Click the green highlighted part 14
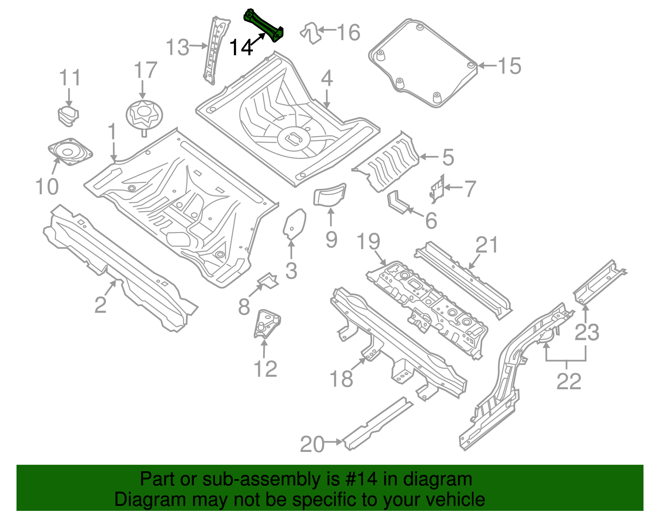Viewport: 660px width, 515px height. click(x=264, y=26)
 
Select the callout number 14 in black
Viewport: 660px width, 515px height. click(x=241, y=48)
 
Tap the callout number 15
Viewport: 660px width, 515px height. click(x=509, y=66)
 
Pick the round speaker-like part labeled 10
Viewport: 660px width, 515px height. click(x=69, y=151)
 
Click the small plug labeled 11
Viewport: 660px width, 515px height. click(x=68, y=115)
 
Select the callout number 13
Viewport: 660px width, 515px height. click(x=177, y=47)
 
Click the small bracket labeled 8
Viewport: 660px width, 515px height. click(x=268, y=280)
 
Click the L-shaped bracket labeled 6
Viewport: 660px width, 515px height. click(x=398, y=202)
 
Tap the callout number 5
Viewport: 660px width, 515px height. click(x=448, y=158)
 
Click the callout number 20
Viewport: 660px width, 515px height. click(x=312, y=444)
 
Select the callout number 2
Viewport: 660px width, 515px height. click(x=100, y=305)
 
